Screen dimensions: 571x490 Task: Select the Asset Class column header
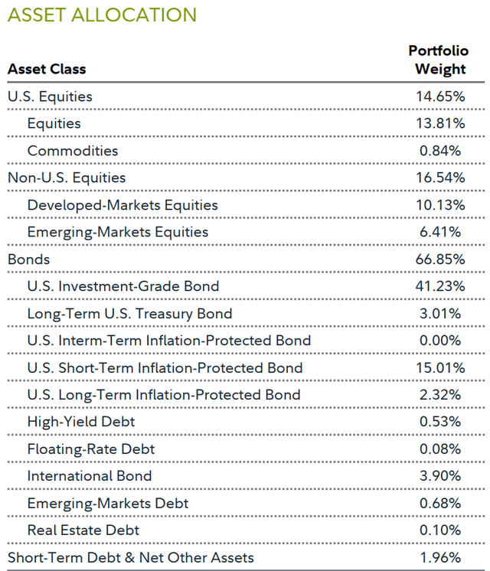pyautogui.click(x=47, y=69)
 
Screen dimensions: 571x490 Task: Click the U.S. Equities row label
pyautogui.click(x=50, y=96)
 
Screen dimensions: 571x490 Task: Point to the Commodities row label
pyautogui.click(x=73, y=151)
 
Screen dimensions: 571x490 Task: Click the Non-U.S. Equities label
pyautogui.click(x=67, y=178)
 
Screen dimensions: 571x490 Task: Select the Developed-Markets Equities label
pyautogui.click(x=122, y=205)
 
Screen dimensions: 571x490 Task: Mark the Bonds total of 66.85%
pyautogui.click(x=439, y=259)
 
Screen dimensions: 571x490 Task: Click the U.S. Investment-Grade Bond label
pyautogui.click(x=123, y=286)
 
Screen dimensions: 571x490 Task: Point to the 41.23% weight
pyautogui.click(x=439, y=286)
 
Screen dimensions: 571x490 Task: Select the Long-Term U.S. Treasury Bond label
pyautogui.click(x=129, y=314)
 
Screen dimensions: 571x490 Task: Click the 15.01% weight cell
pyautogui.click(x=439, y=368)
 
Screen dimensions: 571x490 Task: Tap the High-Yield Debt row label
pyautogui.click(x=81, y=422)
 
